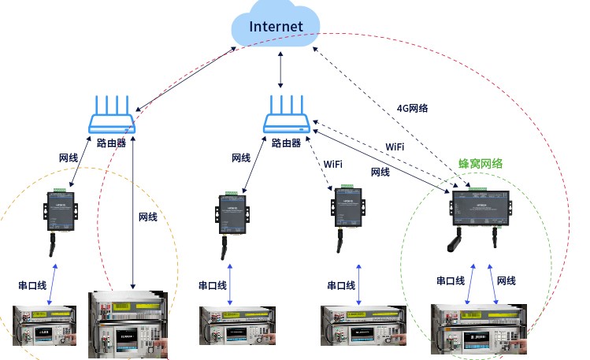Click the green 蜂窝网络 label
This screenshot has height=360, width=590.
point(481,164)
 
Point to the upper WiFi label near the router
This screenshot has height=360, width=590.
point(395,147)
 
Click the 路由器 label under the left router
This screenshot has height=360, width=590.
point(112,143)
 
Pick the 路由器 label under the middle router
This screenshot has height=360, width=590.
point(286,143)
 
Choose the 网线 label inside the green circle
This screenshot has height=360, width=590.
point(507,280)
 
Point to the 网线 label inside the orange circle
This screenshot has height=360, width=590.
point(147,217)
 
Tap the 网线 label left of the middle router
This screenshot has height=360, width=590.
point(241,158)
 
